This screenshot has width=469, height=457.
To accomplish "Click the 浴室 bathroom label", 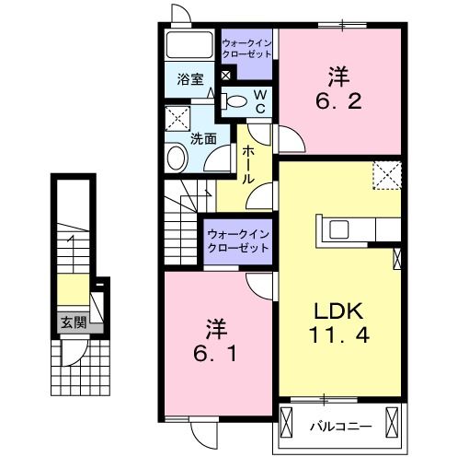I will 190,80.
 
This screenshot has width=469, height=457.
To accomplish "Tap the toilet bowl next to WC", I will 236,101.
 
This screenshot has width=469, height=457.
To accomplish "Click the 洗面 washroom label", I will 203,139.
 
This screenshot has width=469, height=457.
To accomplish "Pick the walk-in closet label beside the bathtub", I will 247,49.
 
